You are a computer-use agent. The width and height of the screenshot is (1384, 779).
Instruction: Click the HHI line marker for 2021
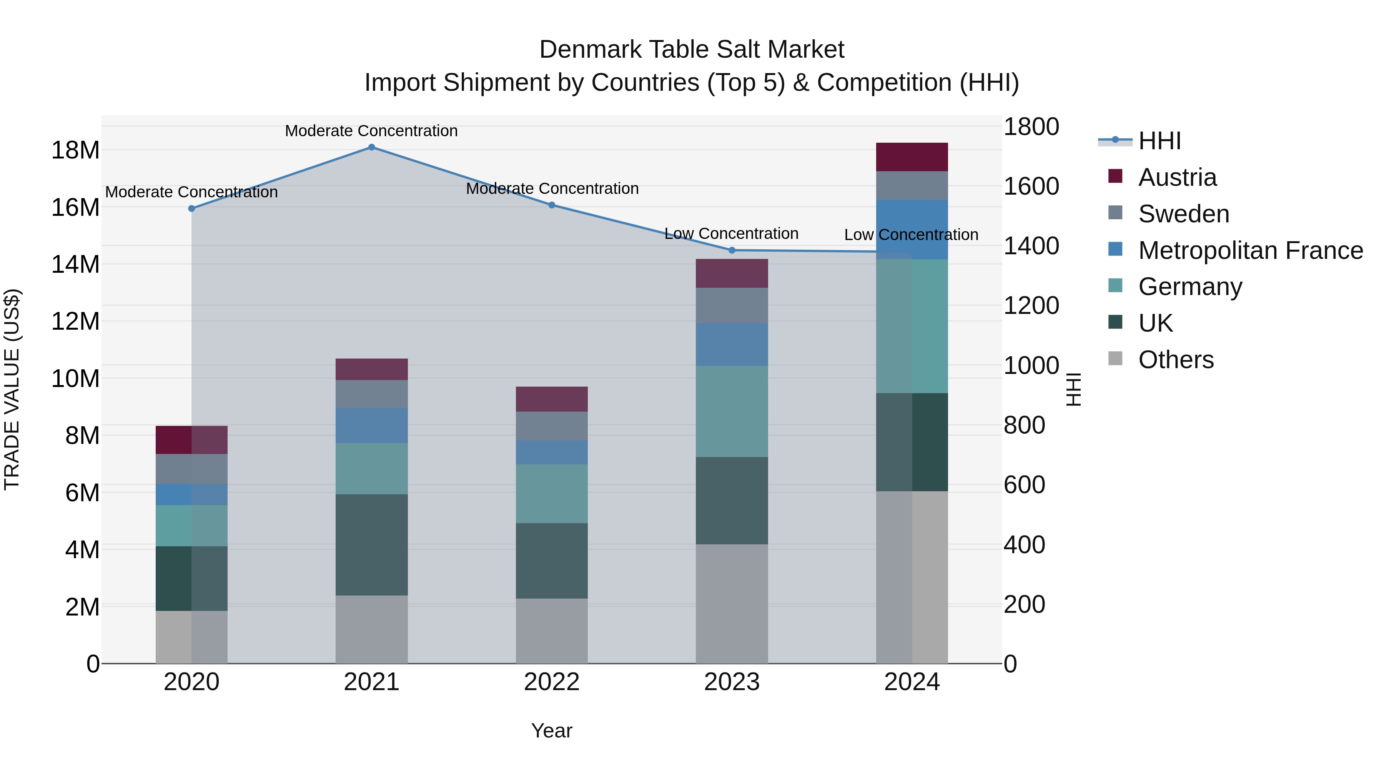tap(371, 147)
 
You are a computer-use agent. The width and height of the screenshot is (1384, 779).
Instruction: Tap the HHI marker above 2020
tap(192, 208)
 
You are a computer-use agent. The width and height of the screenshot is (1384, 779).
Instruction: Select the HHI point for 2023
tap(732, 250)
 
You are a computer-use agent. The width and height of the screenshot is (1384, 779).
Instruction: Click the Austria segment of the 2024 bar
tap(912, 157)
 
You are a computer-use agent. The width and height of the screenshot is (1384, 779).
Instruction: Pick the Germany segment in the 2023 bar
tap(732, 411)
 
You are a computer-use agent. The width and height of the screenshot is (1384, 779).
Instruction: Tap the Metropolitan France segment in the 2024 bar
tap(912, 230)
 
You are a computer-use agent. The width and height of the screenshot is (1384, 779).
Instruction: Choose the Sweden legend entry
tap(1184, 214)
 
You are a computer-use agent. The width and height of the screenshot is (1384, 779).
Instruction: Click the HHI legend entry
tap(1159, 141)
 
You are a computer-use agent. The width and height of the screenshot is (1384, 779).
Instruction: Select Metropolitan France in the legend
tap(1250, 250)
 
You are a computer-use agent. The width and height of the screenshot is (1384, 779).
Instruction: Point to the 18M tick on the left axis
tap(75, 150)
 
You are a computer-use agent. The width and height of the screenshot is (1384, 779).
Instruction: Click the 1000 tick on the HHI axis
tap(1031, 365)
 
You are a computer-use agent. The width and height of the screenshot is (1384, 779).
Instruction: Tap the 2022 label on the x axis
tap(552, 682)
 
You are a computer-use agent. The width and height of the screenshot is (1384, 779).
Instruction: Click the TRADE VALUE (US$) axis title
tap(12, 389)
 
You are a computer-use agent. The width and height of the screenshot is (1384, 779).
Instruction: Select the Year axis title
tap(552, 731)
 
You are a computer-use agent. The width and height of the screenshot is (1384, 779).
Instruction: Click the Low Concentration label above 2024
tap(911, 235)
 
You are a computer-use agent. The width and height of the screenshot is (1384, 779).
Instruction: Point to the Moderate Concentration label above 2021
tap(371, 131)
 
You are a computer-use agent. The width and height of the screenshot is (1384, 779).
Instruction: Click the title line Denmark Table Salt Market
tap(692, 50)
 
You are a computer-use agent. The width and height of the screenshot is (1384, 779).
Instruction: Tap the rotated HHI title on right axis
tap(1073, 389)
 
